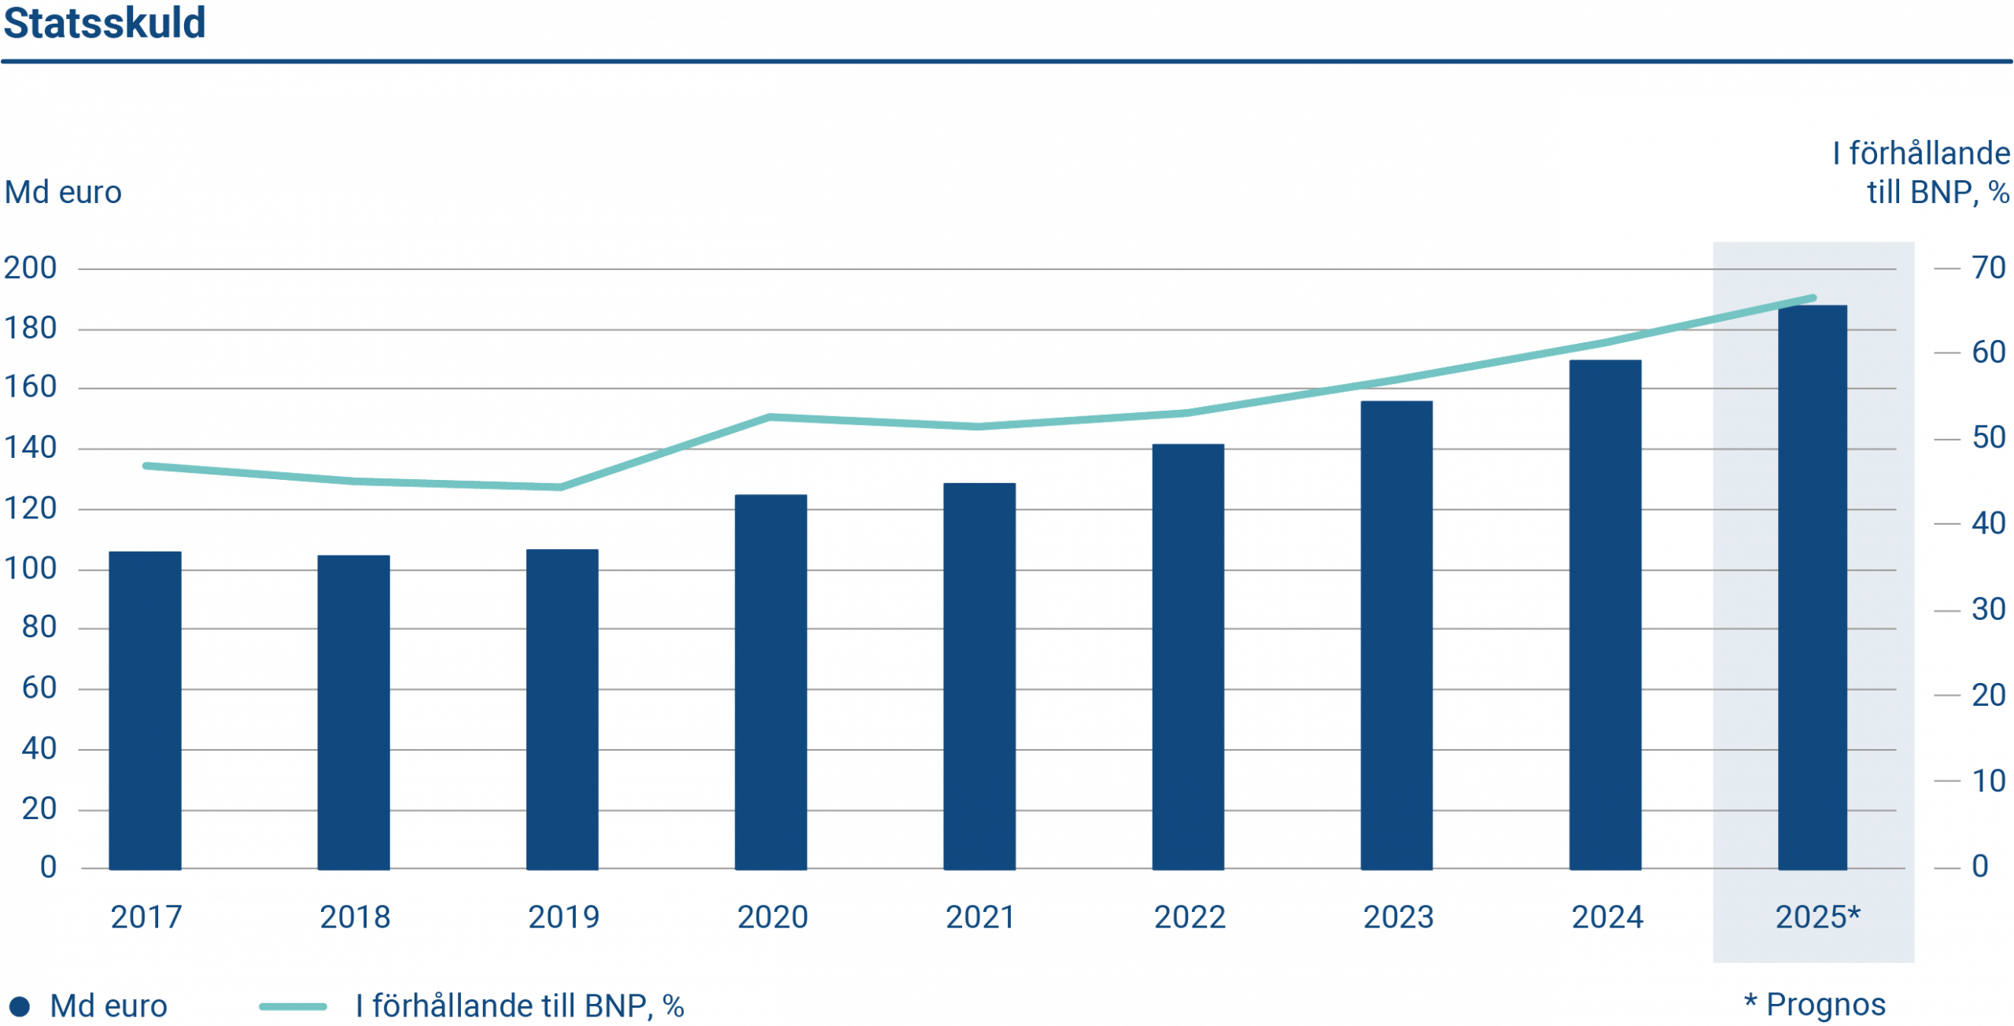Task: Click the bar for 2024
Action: coord(1605,614)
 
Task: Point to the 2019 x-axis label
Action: coord(563,917)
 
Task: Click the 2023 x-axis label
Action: coord(1398,917)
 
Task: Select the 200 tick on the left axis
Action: coord(31,268)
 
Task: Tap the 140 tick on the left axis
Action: coord(31,448)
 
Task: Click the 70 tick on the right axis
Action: coord(1988,268)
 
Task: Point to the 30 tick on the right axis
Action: coord(1988,610)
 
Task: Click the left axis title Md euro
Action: coord(63,193)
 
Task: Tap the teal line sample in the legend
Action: coord(293,1006)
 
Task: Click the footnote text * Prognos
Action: coord(1814,1005)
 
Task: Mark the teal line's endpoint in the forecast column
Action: coord(1813,298)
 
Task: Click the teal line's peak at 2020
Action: coord(771,415)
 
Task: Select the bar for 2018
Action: coord(353,712)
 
